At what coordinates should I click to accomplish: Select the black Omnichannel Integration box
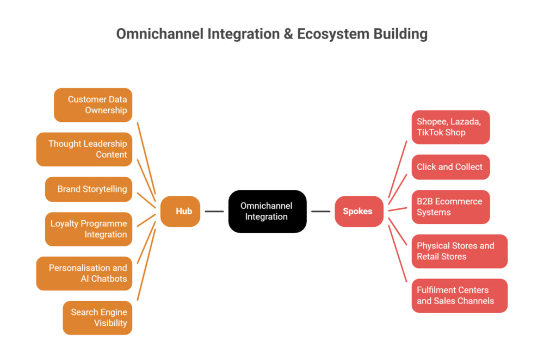(267, 211)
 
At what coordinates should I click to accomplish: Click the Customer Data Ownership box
(93, 105)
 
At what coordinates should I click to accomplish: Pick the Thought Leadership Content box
(84, 149)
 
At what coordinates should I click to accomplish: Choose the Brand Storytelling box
(89, 189)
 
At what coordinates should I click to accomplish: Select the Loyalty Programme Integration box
(89, 229)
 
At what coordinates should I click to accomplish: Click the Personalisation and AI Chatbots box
(84, 273)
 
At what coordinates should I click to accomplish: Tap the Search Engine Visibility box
(97, 318)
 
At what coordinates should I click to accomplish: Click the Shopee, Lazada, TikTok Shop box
(450, 127)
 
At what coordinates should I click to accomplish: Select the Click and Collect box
(450, 167)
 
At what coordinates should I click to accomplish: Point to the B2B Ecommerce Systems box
(450, 207)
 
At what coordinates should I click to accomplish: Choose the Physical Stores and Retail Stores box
(459, 251)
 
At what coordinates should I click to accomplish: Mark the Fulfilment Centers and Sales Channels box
(459, 295)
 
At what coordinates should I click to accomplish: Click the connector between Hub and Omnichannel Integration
(214, 211)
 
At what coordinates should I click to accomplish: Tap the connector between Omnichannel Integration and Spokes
(321, 211)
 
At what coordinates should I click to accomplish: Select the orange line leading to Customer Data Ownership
(146, 157)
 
